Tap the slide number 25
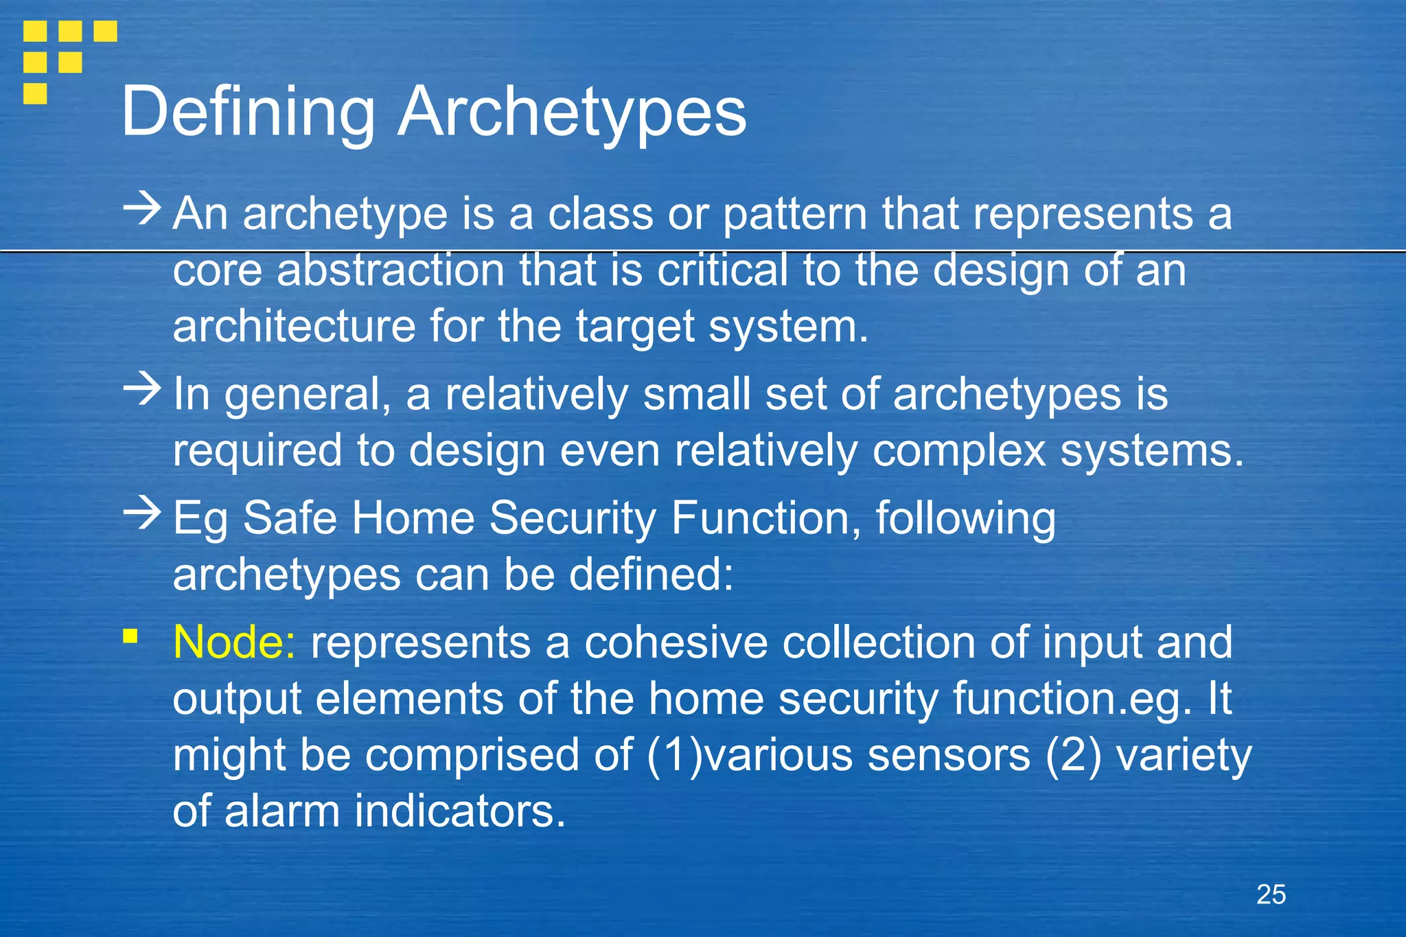pos(1271,894)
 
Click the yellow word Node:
pos(234,643)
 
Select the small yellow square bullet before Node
pos(130,636)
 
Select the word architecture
pos(294,326)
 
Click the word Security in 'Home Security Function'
pos(573,518)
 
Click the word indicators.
pos(460,811)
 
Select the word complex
pos(958,451)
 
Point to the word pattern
pos(795,215)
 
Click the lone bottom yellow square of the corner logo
pos(35,93)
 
